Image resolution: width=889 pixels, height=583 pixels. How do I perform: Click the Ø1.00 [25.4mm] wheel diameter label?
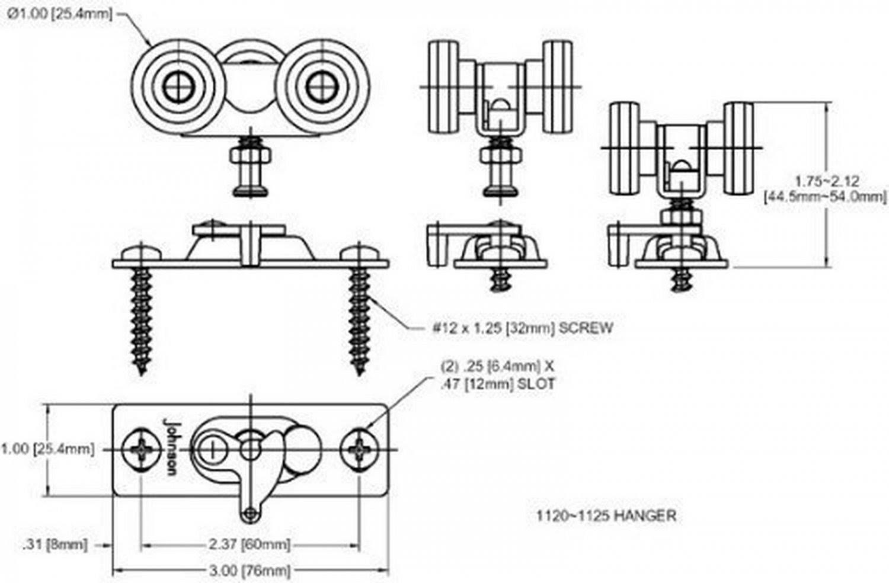[59, 14]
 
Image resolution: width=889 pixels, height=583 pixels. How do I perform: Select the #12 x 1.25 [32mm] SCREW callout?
[522, 328]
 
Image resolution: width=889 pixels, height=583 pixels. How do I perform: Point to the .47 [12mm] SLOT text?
[497, 384]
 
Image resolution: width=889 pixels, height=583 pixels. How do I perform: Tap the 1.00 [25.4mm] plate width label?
[47, 449]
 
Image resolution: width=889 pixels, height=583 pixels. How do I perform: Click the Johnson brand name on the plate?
[170, 446]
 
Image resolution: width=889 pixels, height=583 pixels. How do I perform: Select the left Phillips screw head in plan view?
[142, 450]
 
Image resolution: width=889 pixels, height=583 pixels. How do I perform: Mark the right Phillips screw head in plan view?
[359, 450]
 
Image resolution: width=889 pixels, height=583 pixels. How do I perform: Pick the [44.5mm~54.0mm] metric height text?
[826, 196]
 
